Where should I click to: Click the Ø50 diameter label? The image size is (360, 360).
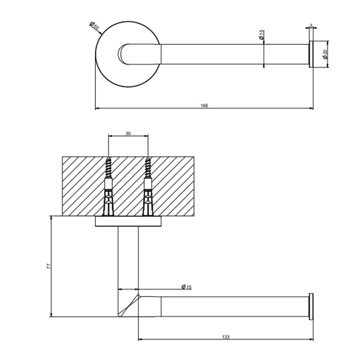coord(95,26)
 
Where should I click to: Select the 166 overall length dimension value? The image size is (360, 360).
coord(204,105)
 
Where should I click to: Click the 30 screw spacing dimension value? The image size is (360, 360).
coord(128,133)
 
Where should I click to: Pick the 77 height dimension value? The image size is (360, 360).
coord(47,266)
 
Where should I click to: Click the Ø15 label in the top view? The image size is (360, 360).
coord(261,35)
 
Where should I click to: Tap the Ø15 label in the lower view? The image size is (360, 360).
coord(186,287)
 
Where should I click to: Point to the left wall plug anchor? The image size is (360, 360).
coord(109,198)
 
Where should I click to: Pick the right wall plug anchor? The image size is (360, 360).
coord(148,198)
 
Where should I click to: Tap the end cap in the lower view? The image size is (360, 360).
coord(311,306)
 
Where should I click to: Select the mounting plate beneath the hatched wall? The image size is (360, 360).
coord(128,222)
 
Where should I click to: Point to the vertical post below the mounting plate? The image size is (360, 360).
coord(128,257)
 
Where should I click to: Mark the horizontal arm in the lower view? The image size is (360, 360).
coord(231,306)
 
